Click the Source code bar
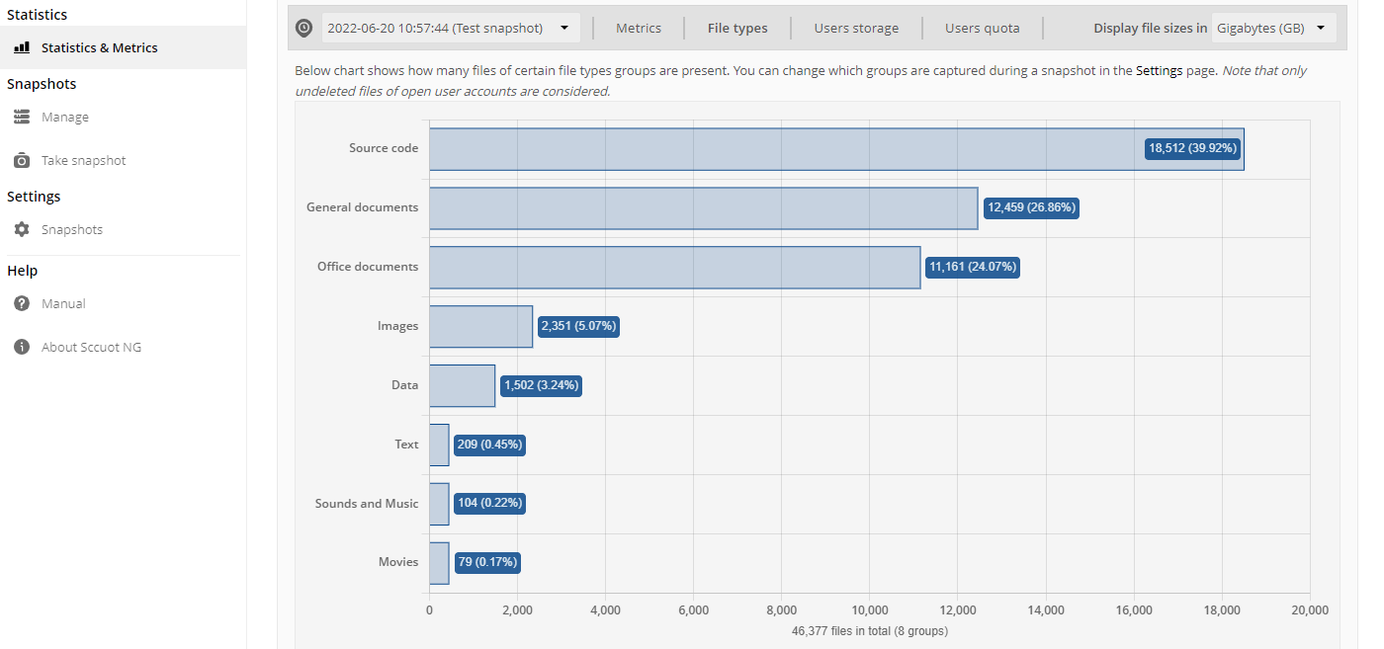(836, 149)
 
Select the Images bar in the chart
(480, 326)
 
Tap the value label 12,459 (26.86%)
(1031, 207)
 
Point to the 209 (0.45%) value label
(489, 445)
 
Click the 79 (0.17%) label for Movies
(486, 562)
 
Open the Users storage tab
(856, 28)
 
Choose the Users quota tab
(982, 28)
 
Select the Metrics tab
(639, 28)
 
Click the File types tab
(737, 28)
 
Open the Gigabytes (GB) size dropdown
(1273, 28)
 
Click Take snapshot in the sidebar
(83, 161)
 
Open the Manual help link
(63, 304)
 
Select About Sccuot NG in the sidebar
(91, 347)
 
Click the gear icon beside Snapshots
(22, 229)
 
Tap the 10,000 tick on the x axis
(869, 610)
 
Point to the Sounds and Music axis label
(367, 503)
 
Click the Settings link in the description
(1159, 70)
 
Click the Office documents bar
(674, 268)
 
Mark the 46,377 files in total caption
(869, 631)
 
